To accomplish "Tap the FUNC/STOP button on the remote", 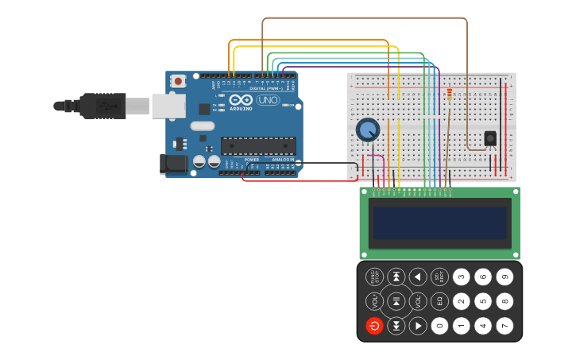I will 374,277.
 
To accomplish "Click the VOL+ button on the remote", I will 374,301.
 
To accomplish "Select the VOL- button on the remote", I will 418,301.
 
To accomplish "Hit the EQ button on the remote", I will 439,301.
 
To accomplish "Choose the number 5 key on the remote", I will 483,301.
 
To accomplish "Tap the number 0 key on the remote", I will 439,326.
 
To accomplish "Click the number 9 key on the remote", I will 504,277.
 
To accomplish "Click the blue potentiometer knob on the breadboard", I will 368,130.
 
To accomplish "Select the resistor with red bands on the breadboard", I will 450,95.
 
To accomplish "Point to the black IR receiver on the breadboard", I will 490,138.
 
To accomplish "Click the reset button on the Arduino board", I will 179,81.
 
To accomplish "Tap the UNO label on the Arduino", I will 267,100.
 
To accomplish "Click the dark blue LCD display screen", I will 439,223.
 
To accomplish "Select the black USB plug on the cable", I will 102,106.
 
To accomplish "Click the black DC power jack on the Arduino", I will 173,164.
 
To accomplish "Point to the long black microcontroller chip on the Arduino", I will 258,145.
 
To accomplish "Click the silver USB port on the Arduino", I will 168,106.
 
